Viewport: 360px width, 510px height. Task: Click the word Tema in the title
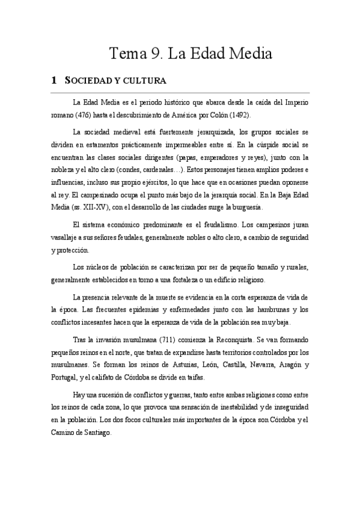coord(126,54)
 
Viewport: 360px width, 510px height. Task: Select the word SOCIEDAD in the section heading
coord(92,81)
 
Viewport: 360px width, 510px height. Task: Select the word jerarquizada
coord(211,131)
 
